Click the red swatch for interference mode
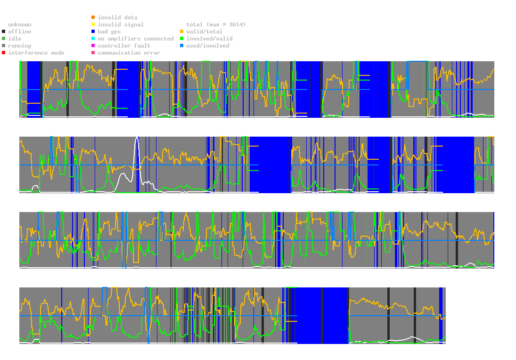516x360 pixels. (4, 53)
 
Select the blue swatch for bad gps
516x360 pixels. (93, 32)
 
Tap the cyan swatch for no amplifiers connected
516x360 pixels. (93, 39)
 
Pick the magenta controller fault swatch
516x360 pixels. (93, 46)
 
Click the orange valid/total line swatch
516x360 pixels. (182, 32)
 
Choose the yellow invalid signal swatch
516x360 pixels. (93, 25)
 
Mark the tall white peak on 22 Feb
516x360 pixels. (137, 138)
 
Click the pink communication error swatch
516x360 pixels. (93, 53)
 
